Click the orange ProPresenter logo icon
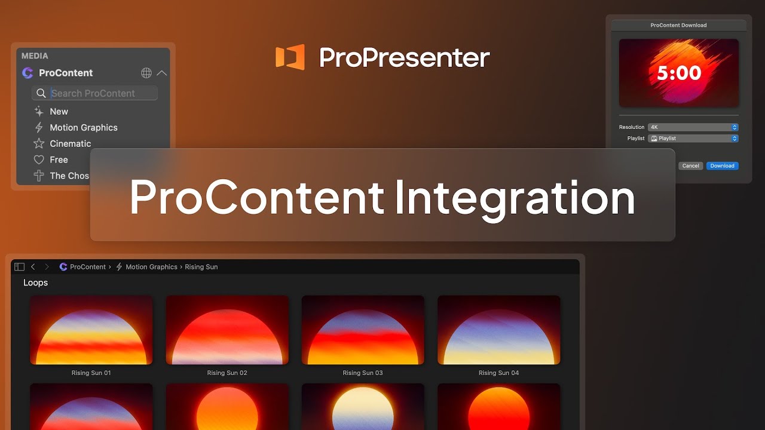290,57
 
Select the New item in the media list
59,112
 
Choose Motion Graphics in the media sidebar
83,128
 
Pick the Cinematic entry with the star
70,144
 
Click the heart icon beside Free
39,160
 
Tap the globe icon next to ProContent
146,73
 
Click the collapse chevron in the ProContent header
161,73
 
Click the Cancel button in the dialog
690,166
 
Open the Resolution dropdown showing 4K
693,127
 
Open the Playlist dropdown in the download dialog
693,139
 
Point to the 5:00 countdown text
679,73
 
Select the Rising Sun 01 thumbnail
91,330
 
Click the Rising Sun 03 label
363,373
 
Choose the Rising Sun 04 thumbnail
499,330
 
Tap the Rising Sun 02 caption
227,373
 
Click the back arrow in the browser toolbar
33,267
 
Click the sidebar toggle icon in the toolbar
19,267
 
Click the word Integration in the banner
515,198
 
